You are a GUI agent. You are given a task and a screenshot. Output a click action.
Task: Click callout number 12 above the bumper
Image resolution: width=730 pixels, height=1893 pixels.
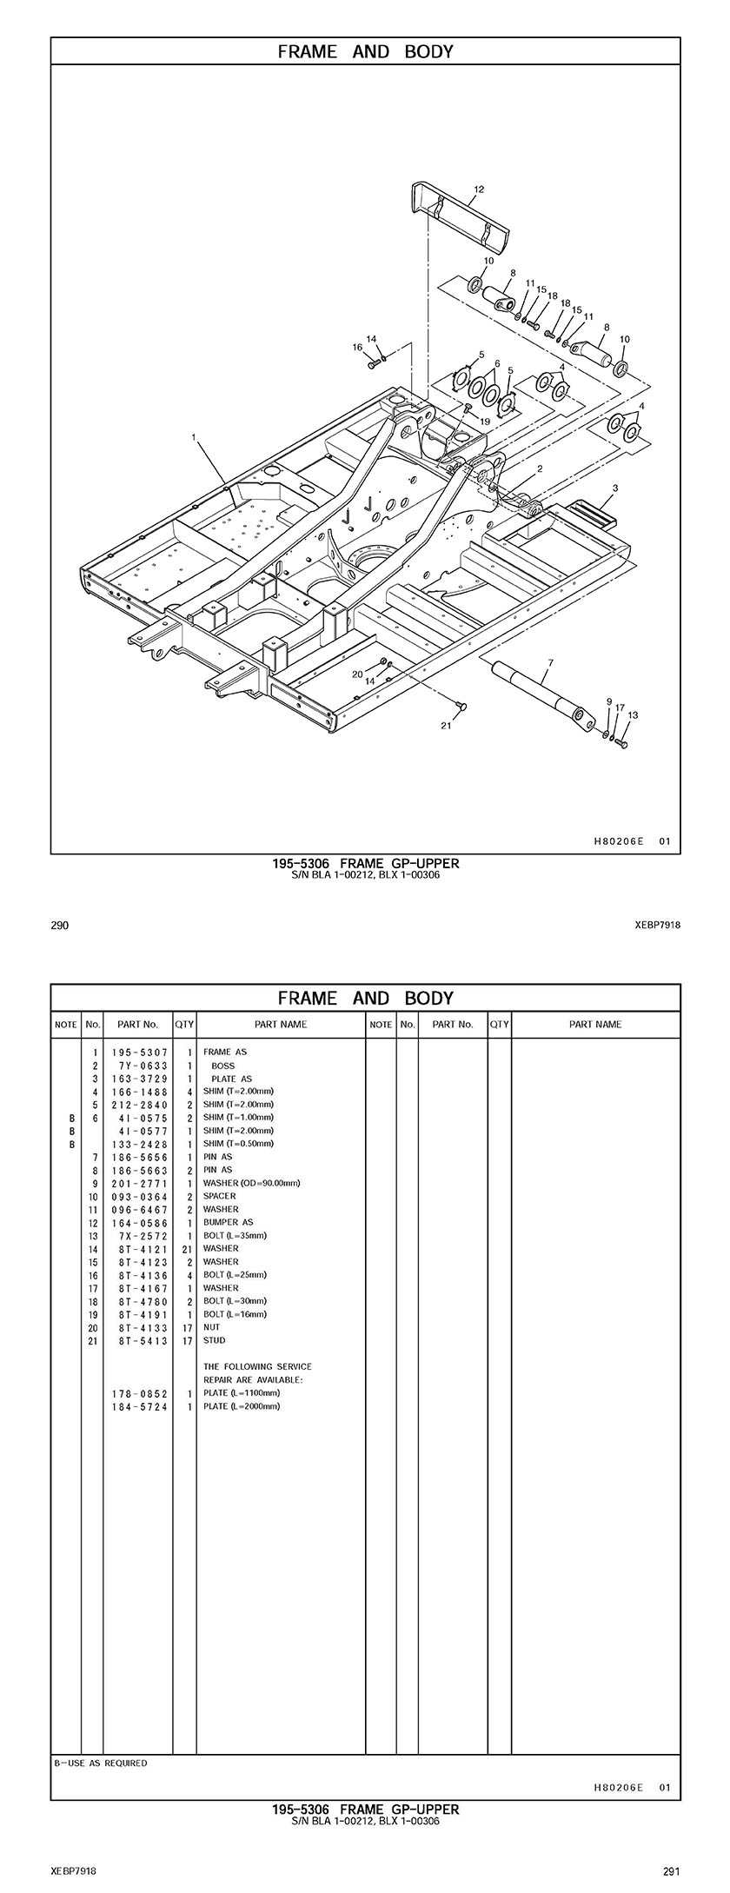pos(479,189)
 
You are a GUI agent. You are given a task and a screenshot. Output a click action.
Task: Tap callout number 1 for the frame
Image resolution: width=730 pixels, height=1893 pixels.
pos(194,438)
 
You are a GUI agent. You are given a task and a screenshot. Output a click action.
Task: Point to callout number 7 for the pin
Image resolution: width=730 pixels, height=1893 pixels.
pos(548,662)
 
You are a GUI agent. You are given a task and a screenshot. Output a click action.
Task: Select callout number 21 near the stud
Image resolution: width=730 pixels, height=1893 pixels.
pos(446,727)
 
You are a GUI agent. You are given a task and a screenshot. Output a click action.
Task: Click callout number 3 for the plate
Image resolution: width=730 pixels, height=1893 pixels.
pos(614,488)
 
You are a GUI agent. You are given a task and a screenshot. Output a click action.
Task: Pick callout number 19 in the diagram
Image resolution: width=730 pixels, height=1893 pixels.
pos(485,421)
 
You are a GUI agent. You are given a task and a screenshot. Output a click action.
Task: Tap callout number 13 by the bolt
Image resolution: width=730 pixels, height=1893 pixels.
pos(633,715)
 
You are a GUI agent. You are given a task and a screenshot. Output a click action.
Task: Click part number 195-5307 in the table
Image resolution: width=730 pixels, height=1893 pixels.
pos(139,1052)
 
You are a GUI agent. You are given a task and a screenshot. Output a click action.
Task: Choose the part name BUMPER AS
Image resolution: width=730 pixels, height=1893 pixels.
pos(228,1222)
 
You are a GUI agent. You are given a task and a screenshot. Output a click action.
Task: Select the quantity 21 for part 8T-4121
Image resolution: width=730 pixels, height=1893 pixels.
pos(187,1248)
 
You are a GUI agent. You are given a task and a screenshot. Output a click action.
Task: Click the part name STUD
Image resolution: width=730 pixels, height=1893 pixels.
pos(214,1340)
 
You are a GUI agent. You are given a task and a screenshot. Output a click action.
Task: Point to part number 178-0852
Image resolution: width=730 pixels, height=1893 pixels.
pos(139,1392)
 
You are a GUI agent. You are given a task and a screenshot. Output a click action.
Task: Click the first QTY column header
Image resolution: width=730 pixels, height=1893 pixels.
pos(184,1024)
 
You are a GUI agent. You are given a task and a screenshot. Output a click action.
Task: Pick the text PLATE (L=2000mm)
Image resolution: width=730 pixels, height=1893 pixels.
pos(242,1405)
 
